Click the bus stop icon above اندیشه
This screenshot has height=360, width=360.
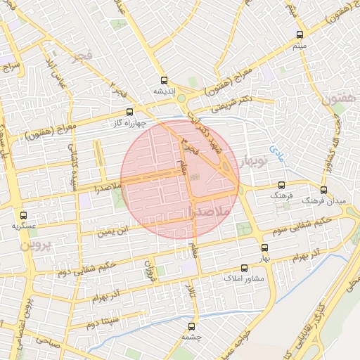coord(164,80)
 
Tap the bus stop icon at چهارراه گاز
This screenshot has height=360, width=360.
coord(129,112)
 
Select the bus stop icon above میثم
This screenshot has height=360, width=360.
coord(300,34)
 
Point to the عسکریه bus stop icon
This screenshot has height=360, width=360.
coord(24,215)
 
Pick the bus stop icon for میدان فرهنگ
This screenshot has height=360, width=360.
coord(323,190)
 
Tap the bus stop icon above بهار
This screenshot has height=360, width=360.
coord(264,247)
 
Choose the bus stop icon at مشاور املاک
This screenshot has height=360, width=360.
coord(245,268)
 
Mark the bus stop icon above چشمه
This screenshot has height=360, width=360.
coord(192,326)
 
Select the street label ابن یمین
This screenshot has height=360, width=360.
coord(113,229)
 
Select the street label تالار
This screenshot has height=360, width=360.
coord(188,289)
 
